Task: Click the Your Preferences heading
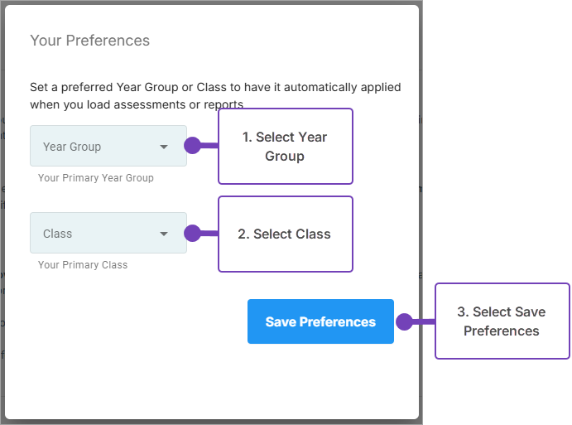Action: click(x=89, y=41)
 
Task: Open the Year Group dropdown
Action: click(x=108, y=147)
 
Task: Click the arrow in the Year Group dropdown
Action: click(x=164, y=147)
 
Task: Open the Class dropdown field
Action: click(x=108, y=234)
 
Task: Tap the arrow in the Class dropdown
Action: click(x=164, y=234)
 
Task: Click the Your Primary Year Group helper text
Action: click(x=96, y=178)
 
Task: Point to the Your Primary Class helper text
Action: click(x=83, y=265)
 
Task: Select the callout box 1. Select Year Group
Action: click(x=285, y=147)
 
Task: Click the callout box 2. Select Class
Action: click(x=285, y=234)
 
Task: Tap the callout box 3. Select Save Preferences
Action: click(x=502, y=321)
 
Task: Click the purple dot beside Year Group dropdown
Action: click(x=192, y=146)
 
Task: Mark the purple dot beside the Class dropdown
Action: click(x=192, y=234)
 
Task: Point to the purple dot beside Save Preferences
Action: click(x=404, y=321)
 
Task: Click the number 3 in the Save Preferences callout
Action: click(x=461, y=312)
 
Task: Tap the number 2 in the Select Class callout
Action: click(x=242, y=234)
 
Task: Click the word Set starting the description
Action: click(x=39, y=87)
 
